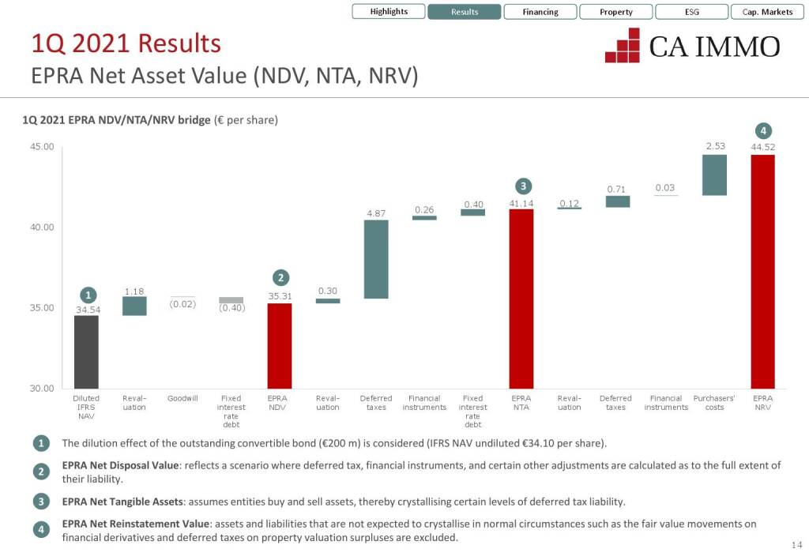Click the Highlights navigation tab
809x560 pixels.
(x=389, y=12)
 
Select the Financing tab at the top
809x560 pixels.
(x=540, y=12)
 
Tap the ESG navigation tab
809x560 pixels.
(x=691, y=12)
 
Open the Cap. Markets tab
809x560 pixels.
(x=767, y=12)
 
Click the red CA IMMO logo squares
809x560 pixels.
(x=623, y=46)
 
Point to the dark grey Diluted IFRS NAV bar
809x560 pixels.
(x=86, y=351)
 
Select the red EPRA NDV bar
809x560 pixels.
(x=279, y=345)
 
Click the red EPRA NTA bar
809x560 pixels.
(x=521, y=298)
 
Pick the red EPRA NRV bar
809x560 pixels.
(x=762, y=271)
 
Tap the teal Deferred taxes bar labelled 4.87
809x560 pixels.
(x=376, y=259)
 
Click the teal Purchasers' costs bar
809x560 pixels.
(x=714, y=175)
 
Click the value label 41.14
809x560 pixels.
(x=521, y=204)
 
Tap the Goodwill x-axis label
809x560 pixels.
(x=182, y=399)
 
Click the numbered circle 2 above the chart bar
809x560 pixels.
(x=280, y=277)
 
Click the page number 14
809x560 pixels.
(x=796, y=546)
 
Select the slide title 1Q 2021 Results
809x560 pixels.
(x=126, y=43)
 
